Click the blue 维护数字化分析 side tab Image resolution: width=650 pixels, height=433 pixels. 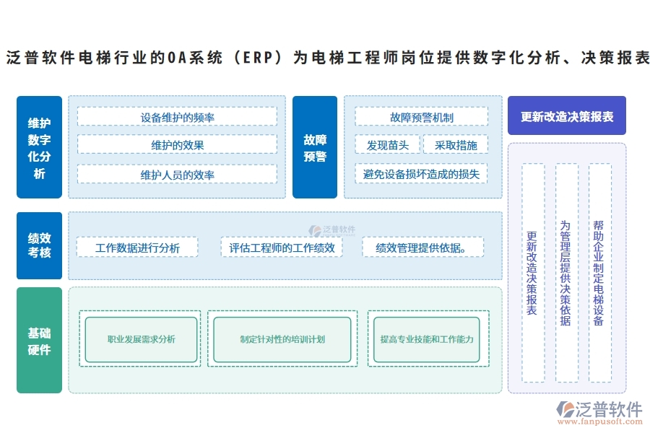tap(39, 147)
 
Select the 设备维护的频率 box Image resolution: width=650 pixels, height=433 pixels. tap(177, 117)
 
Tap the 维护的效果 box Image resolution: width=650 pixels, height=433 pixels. tap(177, 145)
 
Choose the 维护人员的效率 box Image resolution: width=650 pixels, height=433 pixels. tap(177, 174)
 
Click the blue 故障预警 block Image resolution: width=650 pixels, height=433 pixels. tap(315, 147)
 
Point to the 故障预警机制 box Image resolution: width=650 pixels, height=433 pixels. tap(422, 117)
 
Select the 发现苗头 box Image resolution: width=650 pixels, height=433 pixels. tap(388, 145)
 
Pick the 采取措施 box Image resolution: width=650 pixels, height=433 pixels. tap(456, 145)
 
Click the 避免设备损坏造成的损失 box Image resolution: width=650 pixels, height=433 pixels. tap(422, 174)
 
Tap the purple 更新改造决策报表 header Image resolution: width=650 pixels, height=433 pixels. tap(567, 116)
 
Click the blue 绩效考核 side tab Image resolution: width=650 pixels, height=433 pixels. tap(39, 245)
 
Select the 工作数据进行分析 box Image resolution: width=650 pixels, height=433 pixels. tap(137, 248)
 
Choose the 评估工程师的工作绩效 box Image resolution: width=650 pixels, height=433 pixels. tap(282, 248)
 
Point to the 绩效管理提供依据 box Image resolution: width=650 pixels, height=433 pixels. tap(422, 248)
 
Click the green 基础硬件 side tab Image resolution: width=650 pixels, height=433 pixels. tap(39, 341)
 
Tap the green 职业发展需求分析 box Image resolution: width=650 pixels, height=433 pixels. tap(141, 339)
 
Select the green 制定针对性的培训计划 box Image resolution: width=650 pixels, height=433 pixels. tap(282, 339)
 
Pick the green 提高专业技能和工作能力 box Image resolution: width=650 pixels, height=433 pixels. tap(427, 339)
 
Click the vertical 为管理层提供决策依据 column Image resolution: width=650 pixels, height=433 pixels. tap(566, 273)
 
